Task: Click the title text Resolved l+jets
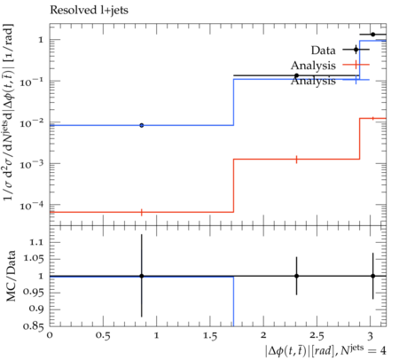[x=89, y=11]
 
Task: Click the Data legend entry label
[x=323, y=51]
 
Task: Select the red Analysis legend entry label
[x=313, y=66]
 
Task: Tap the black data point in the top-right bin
[x=373, y=35]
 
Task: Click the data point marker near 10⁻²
[x=142, y=125]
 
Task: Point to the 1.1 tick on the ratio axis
[x=36, y=242]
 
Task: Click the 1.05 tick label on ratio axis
[x=34, y=259]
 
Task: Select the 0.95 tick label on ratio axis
[x=34, y=293]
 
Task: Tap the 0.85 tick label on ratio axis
[x=34, y=326]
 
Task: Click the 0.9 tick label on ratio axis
[x=36, y=309]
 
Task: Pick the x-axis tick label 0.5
[x=103, y=336]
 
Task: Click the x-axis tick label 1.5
[x=210, y=336]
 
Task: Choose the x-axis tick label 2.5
[x=317, y=336]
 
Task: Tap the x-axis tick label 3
[x=370, y=336]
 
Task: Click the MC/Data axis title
[x=11, y=276]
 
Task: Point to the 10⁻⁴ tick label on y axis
[x=32, y=205]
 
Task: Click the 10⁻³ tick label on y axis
[x=32, y=164]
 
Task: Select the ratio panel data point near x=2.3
[x=296, y=276]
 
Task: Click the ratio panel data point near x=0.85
[x=142, y=276]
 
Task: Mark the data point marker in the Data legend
[x=356, y=50]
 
